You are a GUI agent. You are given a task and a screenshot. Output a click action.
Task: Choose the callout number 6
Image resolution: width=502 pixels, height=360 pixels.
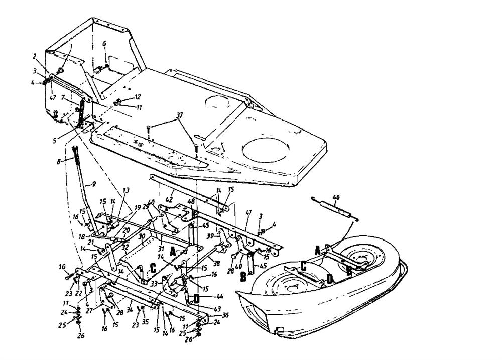[x=104, y=44]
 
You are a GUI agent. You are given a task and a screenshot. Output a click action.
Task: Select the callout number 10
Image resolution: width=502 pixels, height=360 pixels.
[x=62, y=267]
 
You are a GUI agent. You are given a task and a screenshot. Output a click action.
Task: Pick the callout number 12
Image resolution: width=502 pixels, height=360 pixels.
[x=123, y=97]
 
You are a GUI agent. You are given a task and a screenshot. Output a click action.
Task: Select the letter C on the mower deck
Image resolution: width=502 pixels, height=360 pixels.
[x=303, y=267]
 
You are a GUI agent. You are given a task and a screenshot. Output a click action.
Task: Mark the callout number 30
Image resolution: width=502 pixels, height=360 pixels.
[x=142, y=236]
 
